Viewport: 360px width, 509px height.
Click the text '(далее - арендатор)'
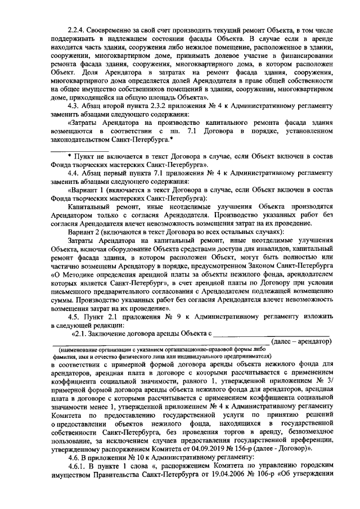tap(301, 341)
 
